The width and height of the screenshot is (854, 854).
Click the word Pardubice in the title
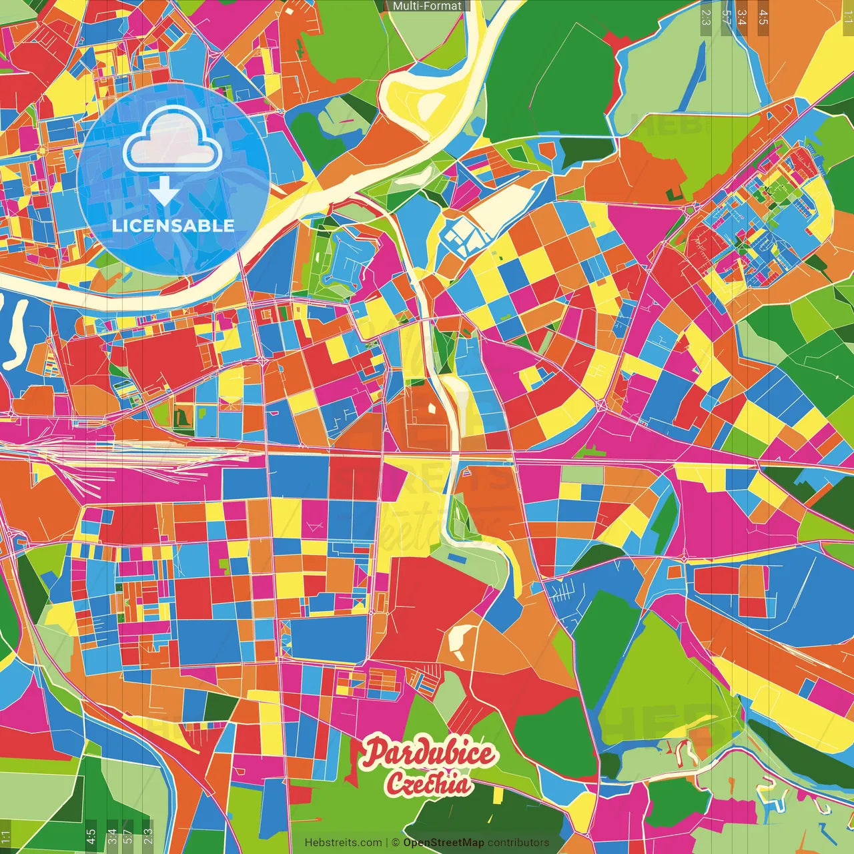[x=429, y=753]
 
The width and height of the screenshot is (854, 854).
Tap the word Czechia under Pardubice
[x=428, y=783]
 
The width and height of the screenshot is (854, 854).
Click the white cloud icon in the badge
[x=172, y=141]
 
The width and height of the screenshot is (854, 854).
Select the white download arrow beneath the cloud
[x=164, y=191]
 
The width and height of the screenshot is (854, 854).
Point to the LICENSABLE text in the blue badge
[x=173, y=226]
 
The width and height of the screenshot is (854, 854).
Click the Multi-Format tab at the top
[x=427, y=6]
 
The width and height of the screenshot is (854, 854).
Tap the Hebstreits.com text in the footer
[x=343, y=843]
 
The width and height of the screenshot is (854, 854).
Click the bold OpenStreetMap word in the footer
[x=444, y=843]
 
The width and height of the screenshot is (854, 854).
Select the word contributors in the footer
[x=518, y=843]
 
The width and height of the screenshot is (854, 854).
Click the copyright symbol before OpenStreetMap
[x=395, y=843]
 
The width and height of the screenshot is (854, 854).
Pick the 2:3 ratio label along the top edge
[x=706, y=17]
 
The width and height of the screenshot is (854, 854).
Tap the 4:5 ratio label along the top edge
[x=763, y=17]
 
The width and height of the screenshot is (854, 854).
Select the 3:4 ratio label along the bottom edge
[x=111, y=836]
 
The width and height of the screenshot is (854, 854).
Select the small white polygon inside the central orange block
[x=432, y=406]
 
